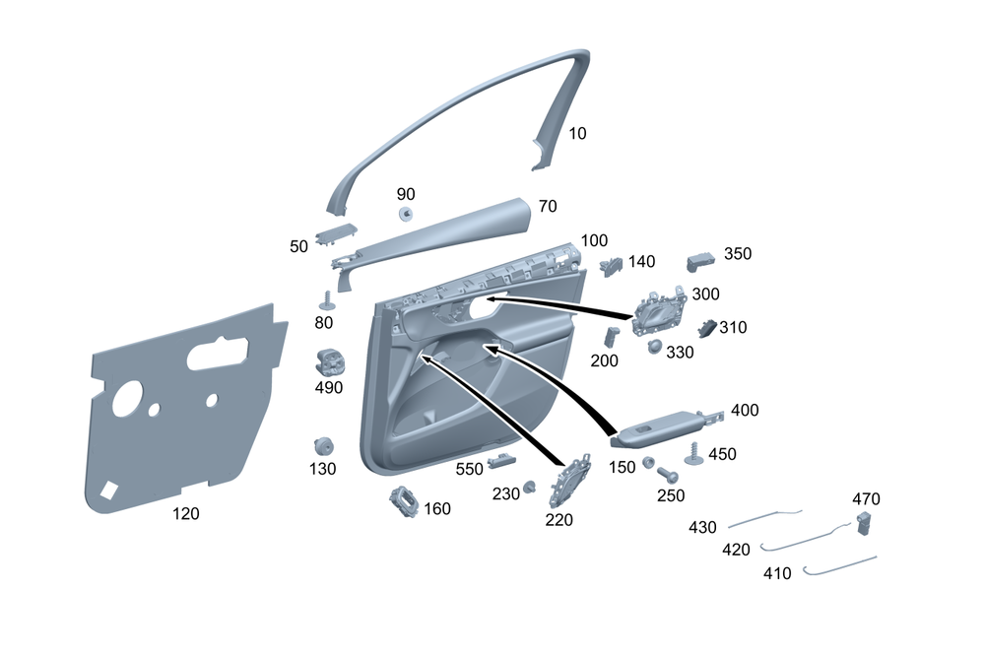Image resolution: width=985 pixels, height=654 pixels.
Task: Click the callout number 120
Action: [186, 513]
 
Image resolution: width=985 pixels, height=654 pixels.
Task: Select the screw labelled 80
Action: [326, 299]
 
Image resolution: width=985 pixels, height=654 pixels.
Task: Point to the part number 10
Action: [577, 133]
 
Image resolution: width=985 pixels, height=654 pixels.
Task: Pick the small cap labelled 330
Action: [654, 346]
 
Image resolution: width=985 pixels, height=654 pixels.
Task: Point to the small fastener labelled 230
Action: [530, 486]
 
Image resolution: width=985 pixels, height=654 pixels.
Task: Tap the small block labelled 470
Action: [866, 522]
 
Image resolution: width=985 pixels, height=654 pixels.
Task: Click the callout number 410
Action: [777, 573]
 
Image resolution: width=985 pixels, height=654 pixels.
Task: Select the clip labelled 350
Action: [699, 260]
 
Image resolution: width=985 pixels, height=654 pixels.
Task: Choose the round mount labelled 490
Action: [329, 362]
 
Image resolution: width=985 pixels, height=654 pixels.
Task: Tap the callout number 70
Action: [548, 206]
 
